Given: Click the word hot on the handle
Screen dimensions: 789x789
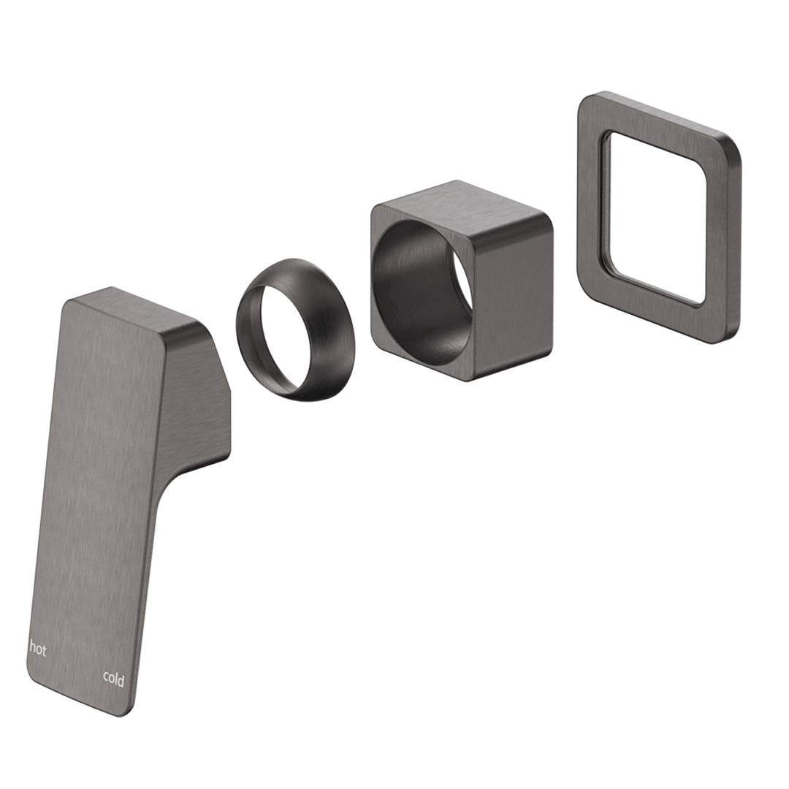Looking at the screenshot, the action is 38,649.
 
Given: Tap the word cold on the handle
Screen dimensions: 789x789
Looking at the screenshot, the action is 113,679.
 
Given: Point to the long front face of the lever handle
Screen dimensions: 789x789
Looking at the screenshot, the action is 96,498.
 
